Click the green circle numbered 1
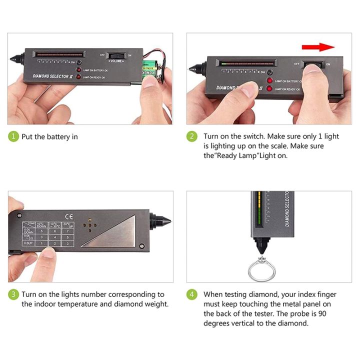13,136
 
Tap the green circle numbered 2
192,136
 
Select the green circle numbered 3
13,294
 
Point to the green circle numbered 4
192,294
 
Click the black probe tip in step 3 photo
162,221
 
